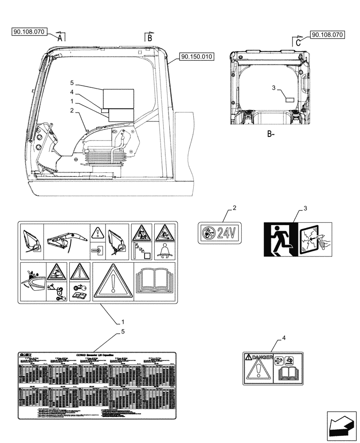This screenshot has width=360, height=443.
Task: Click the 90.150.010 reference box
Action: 197,57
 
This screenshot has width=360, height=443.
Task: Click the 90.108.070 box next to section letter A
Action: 27,31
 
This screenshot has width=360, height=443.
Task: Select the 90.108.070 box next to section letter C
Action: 328,34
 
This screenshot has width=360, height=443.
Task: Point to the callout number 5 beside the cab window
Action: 71,83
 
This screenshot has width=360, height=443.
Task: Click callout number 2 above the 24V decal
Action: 235,207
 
